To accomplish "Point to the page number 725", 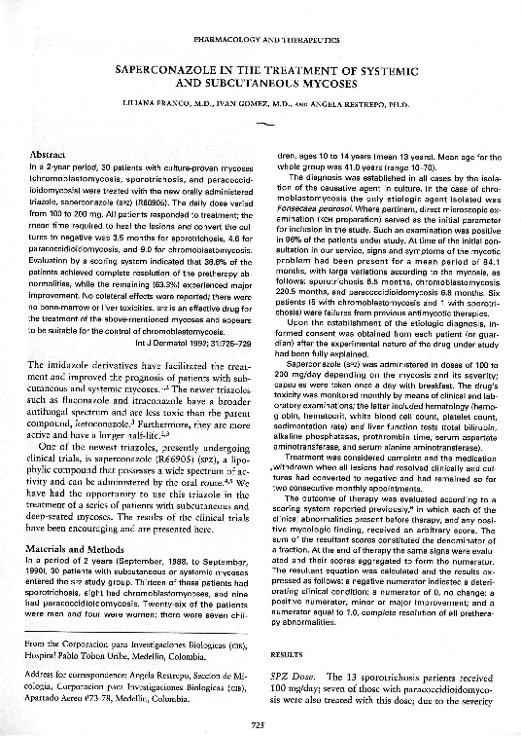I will (260, 722).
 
